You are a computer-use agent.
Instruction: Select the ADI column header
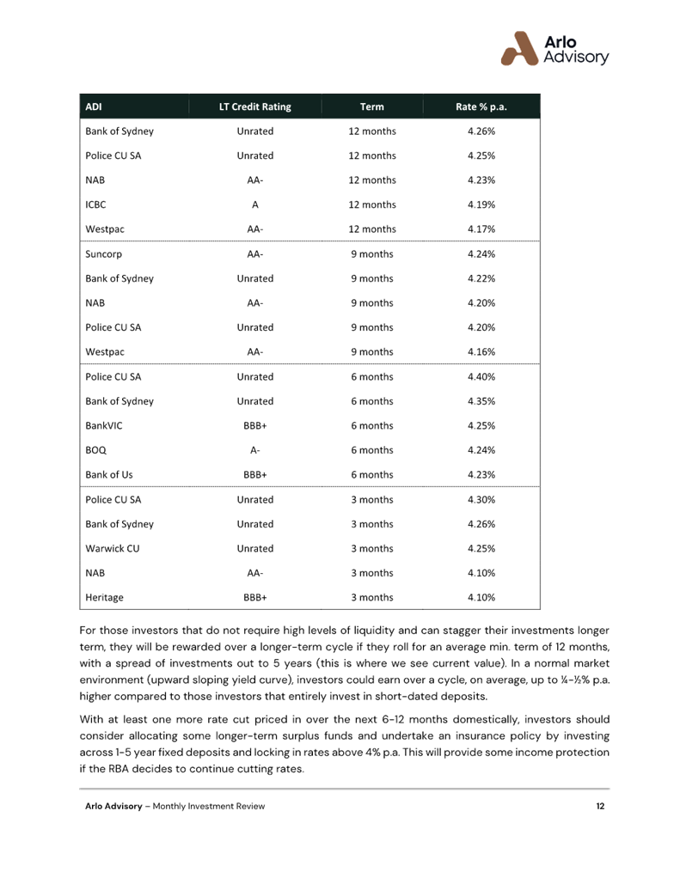click(94, 107)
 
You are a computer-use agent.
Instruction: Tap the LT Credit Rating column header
click(254, 107)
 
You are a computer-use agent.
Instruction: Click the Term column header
click(372, 107)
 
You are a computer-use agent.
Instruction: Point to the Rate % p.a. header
click(481, 107)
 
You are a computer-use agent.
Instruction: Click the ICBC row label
click(95, 204)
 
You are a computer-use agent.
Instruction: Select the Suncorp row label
click(104, 254)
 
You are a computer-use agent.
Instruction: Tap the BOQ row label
click(95, 450)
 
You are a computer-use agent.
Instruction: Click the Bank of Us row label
click(109, 474)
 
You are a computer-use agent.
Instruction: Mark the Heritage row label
click(105, 597)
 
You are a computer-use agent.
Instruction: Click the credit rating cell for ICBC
click(254, 204)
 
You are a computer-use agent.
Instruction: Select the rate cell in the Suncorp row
click(481, 254)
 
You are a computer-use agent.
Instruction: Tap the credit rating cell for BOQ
click(254, 450)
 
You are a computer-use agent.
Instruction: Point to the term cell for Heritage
click(372, 597)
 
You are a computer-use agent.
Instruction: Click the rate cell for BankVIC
click(481, 425)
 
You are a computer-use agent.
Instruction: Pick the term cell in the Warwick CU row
click(372, 548)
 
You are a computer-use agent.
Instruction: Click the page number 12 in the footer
click(600, 806)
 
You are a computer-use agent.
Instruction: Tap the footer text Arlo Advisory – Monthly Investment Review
click(175, 806)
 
